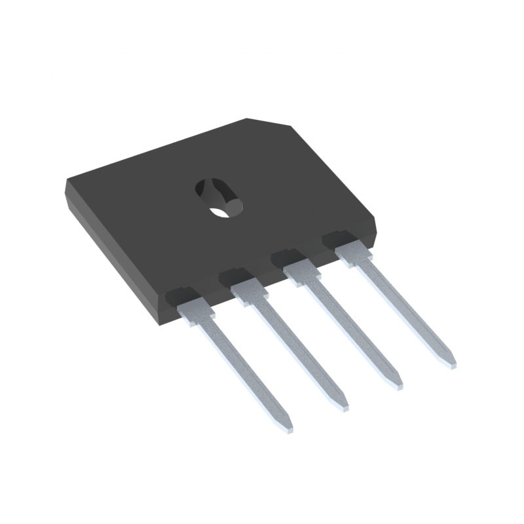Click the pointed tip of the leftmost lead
coord(288,428)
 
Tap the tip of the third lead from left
coord(397,384)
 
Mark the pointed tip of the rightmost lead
coord(450,362)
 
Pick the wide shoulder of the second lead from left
coord(248,291)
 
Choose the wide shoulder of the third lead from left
coord(301,270)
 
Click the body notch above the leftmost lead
coord(182,294)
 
